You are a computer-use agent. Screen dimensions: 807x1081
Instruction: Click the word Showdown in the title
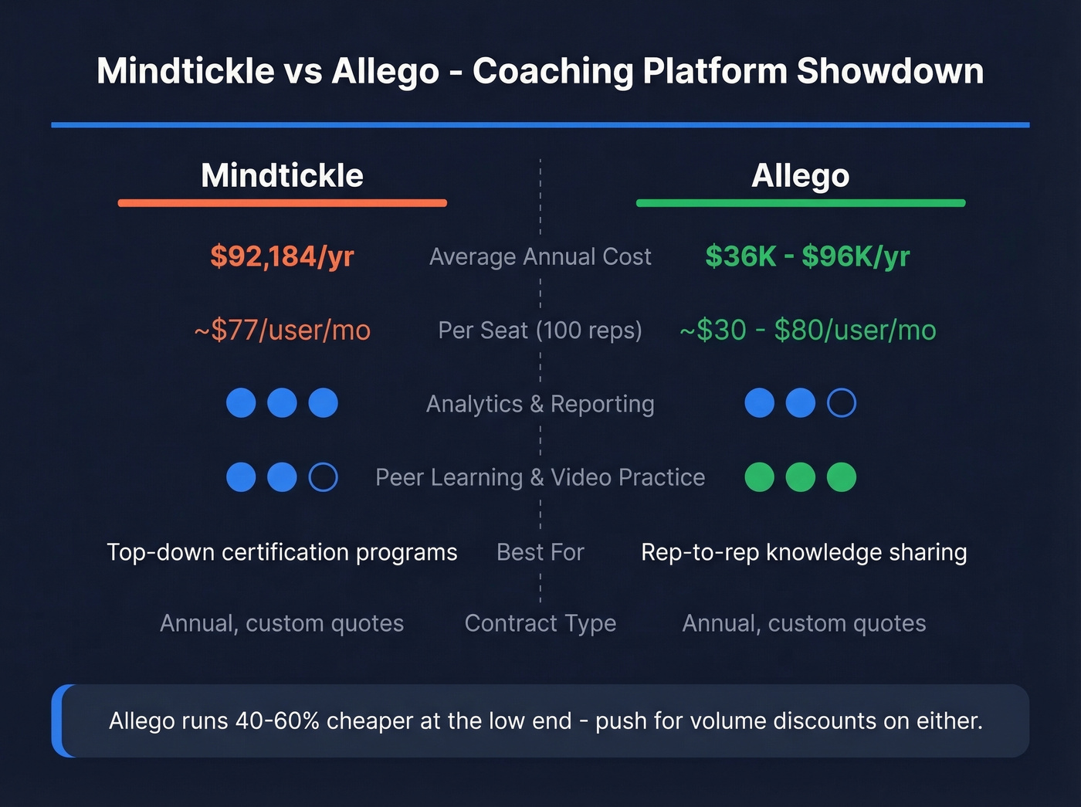pyautogui.click(x=890, y=71)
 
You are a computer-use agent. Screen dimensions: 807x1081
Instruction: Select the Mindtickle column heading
pyautogui.click(x=282, y=175)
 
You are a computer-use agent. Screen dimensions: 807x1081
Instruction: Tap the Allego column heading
pyautogui.click(x=800, y=175)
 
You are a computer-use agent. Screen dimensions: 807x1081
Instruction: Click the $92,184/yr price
pyautogui.click(x=282, y=256)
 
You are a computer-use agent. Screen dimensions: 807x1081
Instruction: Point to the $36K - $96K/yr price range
pyautogui.click(x=807, y=256)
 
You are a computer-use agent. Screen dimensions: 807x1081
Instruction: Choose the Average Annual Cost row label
pyautogui.click(x=540, y=256)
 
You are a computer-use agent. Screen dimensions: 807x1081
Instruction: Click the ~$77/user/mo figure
pyautogui.click(x=282, y=330)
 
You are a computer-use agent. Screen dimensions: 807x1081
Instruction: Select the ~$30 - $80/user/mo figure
pyautogui.click(x=808, y=330)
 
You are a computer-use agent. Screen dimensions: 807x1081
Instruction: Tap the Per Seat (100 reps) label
pyautogui.click(x=540, y=330)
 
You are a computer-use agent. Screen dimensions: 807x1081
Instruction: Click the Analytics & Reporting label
pyautogui.click(x=540, y=403)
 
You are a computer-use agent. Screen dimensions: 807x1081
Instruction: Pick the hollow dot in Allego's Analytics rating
pyautogui.click(x=841, y=402)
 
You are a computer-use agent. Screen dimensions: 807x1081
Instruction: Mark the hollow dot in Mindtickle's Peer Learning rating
pyautogui.click(x=323, y=477)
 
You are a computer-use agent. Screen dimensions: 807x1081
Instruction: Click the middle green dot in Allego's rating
pyautogui.click(x=800, y=477)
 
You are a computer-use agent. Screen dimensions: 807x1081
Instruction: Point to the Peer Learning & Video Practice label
pyautogui.click(x=540, y=477)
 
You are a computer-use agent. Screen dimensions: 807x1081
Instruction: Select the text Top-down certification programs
pyautogui.click(x=282, y=552)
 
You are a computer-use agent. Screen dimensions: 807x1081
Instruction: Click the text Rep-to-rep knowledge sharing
pyautogui.click(x=804, y=552)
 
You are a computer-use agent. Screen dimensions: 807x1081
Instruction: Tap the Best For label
pyautogui.click(x=540, y=552)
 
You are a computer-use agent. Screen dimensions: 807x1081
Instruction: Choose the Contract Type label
pyautogui.click(x=540, y=623)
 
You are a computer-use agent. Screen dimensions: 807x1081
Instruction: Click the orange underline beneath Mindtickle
pyautogui.click(x=282, y=203)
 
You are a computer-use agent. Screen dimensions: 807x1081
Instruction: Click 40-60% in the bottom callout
pyautogui.click(x=277, y=721)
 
